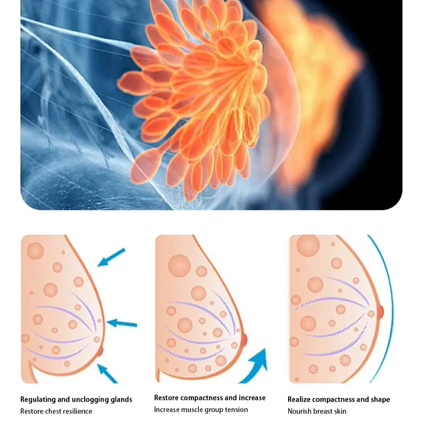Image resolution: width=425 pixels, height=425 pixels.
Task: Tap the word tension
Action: (235, 410)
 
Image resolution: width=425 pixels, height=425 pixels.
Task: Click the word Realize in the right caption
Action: (300, 399)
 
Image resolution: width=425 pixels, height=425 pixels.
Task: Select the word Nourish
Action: (300, 411)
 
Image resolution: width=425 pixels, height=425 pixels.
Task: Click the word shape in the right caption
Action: (380, 399)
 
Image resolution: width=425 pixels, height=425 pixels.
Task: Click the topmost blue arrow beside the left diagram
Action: (112, 257)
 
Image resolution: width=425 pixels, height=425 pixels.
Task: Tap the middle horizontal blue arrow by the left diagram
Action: (122, 324)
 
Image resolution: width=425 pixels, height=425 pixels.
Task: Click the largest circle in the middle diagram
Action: (179, 266)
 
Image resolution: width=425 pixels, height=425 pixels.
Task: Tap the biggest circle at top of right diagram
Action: (308, 246)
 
